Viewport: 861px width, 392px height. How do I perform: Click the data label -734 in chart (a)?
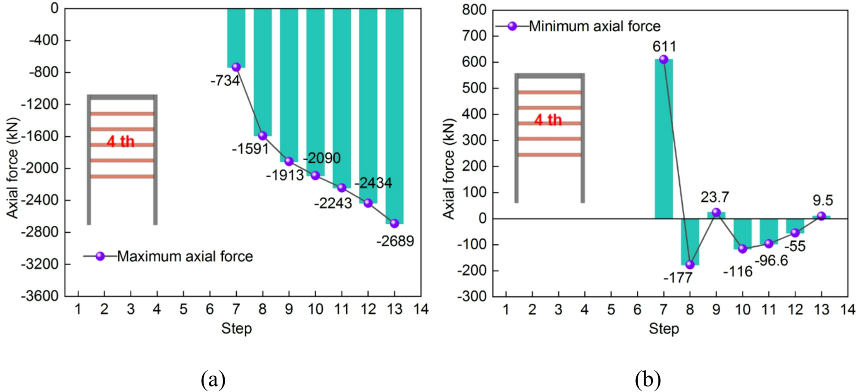tap(225, 81)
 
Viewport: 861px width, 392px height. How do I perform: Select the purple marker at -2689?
tap(394, 223)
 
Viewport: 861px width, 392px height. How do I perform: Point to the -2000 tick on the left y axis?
tap(43, 168)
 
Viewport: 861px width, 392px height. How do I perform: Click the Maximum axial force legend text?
tap(185, 256)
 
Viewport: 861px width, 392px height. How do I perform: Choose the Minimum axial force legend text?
tap(594, 26)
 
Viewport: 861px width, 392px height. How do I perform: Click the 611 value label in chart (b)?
tap(664, 46)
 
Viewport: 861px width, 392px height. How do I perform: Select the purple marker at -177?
tap(690, 265)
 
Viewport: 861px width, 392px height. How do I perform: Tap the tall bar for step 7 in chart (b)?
tap(663, 138)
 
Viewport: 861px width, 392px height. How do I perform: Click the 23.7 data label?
tap(715, 197)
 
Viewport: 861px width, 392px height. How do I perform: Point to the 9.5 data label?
tap(822, 201)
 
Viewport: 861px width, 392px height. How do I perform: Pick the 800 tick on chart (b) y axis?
tap(474, 10)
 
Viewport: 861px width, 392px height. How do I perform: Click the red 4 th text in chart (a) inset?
tap(121, 141)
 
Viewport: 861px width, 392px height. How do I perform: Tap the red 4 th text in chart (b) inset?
tap(548, 120)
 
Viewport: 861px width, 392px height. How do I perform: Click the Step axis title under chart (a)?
tap(236, 329)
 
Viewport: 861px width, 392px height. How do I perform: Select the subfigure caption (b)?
tap(647, 380)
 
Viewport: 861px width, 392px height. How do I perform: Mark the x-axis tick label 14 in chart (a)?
tap(420, 309)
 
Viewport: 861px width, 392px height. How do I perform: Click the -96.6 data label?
tap(771, 261)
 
